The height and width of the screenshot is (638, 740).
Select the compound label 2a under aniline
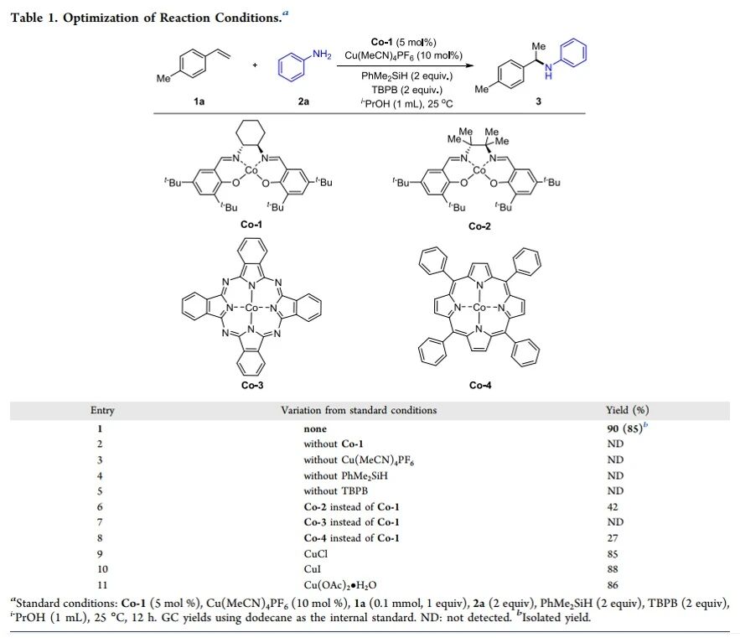click(x=303, y=101)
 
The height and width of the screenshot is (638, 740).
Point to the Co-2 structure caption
click(x=479, y=226)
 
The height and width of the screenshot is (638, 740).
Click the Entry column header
click(x=102, y=411)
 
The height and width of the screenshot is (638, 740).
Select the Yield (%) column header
click(x=627, y=411)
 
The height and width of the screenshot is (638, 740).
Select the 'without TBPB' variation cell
click(x=335, y=490)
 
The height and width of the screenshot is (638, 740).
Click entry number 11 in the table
click(x=100, y=584)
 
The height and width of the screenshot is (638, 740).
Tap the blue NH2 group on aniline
click(x=321, y=54)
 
